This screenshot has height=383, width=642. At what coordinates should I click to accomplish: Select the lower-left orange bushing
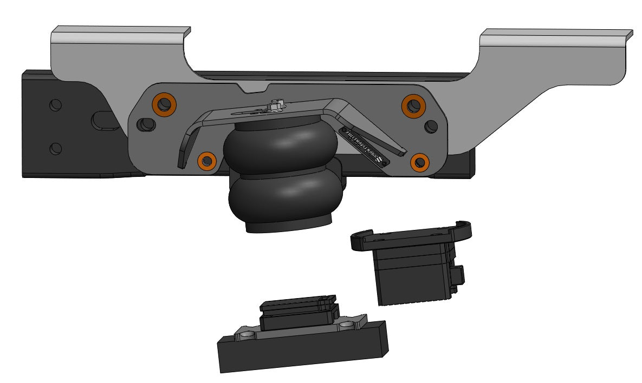[x=206, y=160]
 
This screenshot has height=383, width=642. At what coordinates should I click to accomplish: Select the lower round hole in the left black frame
[x=55, y=147]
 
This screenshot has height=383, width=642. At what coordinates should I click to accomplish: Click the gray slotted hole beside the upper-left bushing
[x=145, y=125]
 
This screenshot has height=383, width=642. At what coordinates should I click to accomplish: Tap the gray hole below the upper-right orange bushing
[x=431, y=126]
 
